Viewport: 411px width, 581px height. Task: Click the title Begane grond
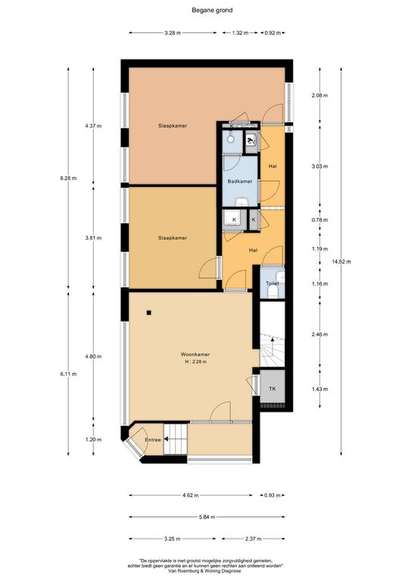[212, 11]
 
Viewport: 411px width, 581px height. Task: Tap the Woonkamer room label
[195, 354]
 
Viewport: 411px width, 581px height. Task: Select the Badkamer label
[240, 182]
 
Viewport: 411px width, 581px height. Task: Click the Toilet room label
[272, 284]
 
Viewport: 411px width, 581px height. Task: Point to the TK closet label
[272, 389]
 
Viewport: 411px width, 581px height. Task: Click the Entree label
[153, 440]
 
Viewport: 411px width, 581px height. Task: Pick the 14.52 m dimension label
[341, 262]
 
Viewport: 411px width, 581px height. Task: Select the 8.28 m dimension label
[68, 178]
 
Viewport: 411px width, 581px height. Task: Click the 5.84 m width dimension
[207, 517]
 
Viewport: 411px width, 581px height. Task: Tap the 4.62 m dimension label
[191, 495]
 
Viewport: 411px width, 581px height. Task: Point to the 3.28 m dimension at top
[173, 33]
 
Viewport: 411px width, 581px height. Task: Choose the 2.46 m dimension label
[320, 334]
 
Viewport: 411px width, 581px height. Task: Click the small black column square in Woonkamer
[148, 312]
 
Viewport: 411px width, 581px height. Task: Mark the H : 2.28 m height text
[196, 362]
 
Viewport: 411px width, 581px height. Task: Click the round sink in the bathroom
[231, 139]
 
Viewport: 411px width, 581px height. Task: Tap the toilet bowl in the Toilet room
[272, 292]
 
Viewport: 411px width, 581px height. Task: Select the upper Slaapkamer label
[173, 126]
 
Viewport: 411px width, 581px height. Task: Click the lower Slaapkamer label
[173, 238]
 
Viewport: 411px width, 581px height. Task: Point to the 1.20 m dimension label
[93, 440]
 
